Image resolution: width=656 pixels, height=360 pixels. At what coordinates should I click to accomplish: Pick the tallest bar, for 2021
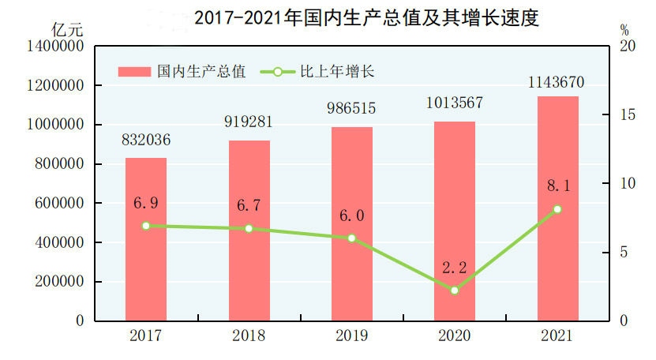[558, 208]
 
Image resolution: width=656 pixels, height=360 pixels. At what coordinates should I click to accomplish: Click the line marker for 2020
[455, 290]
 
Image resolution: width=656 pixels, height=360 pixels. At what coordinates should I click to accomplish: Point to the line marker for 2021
[557, 209]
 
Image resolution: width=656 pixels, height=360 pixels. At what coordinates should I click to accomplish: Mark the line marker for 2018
[249, 228]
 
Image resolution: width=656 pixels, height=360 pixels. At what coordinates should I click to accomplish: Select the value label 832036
[146, 142]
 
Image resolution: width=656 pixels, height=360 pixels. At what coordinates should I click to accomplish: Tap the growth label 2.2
[455, 268]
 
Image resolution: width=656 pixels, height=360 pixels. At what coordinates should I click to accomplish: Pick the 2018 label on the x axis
[249, 336]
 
